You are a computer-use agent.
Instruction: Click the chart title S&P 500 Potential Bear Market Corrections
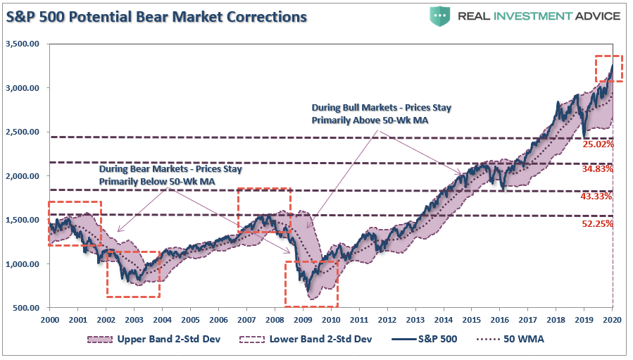[156, 15]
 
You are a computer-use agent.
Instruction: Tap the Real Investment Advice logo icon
[439, 15]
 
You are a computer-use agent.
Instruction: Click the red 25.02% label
[598, 144]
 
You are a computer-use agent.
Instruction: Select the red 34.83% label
[598, 169]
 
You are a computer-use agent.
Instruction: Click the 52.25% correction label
[598, 223]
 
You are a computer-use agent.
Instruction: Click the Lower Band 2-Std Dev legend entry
[315, 340]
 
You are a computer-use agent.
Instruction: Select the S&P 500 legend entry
[437, 340]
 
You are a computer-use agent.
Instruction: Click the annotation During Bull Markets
[381, 114]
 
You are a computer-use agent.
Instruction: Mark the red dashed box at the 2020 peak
[608, 68]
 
